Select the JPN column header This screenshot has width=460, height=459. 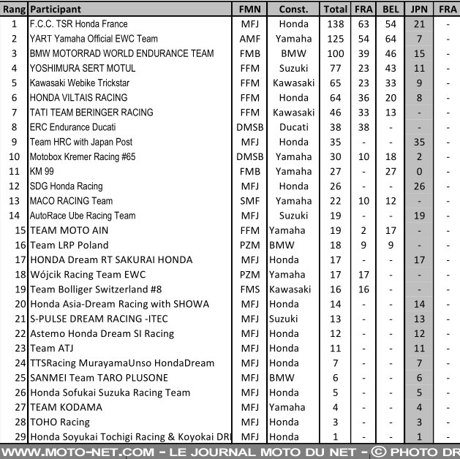[x=418, y=10]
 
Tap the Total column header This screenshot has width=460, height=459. [x=335, y=10]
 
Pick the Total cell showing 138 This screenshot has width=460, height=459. [x=335, y=24]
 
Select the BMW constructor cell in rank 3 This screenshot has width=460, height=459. [x=293, y=53]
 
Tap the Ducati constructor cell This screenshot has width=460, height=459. [x=293, y=127]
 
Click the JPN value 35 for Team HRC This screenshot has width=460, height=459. [x=418, y=142]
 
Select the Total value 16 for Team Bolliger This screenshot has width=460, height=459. [x=335, y=289]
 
